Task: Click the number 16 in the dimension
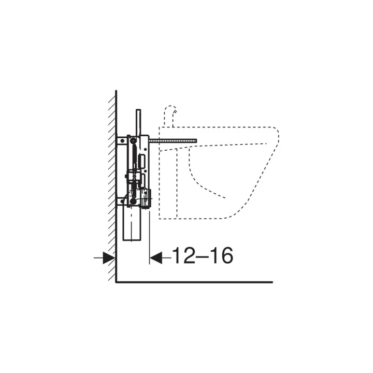point(222,255)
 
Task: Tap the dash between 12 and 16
point(203,256)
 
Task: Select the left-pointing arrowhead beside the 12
point(156,257)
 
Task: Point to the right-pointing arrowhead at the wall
point(109,257)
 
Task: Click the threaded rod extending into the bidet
point(173,141)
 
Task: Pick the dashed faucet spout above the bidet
point(170,116)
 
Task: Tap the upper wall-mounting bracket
point(122,140)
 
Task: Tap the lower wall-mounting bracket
point(122,202)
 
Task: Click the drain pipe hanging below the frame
point(132,224)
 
